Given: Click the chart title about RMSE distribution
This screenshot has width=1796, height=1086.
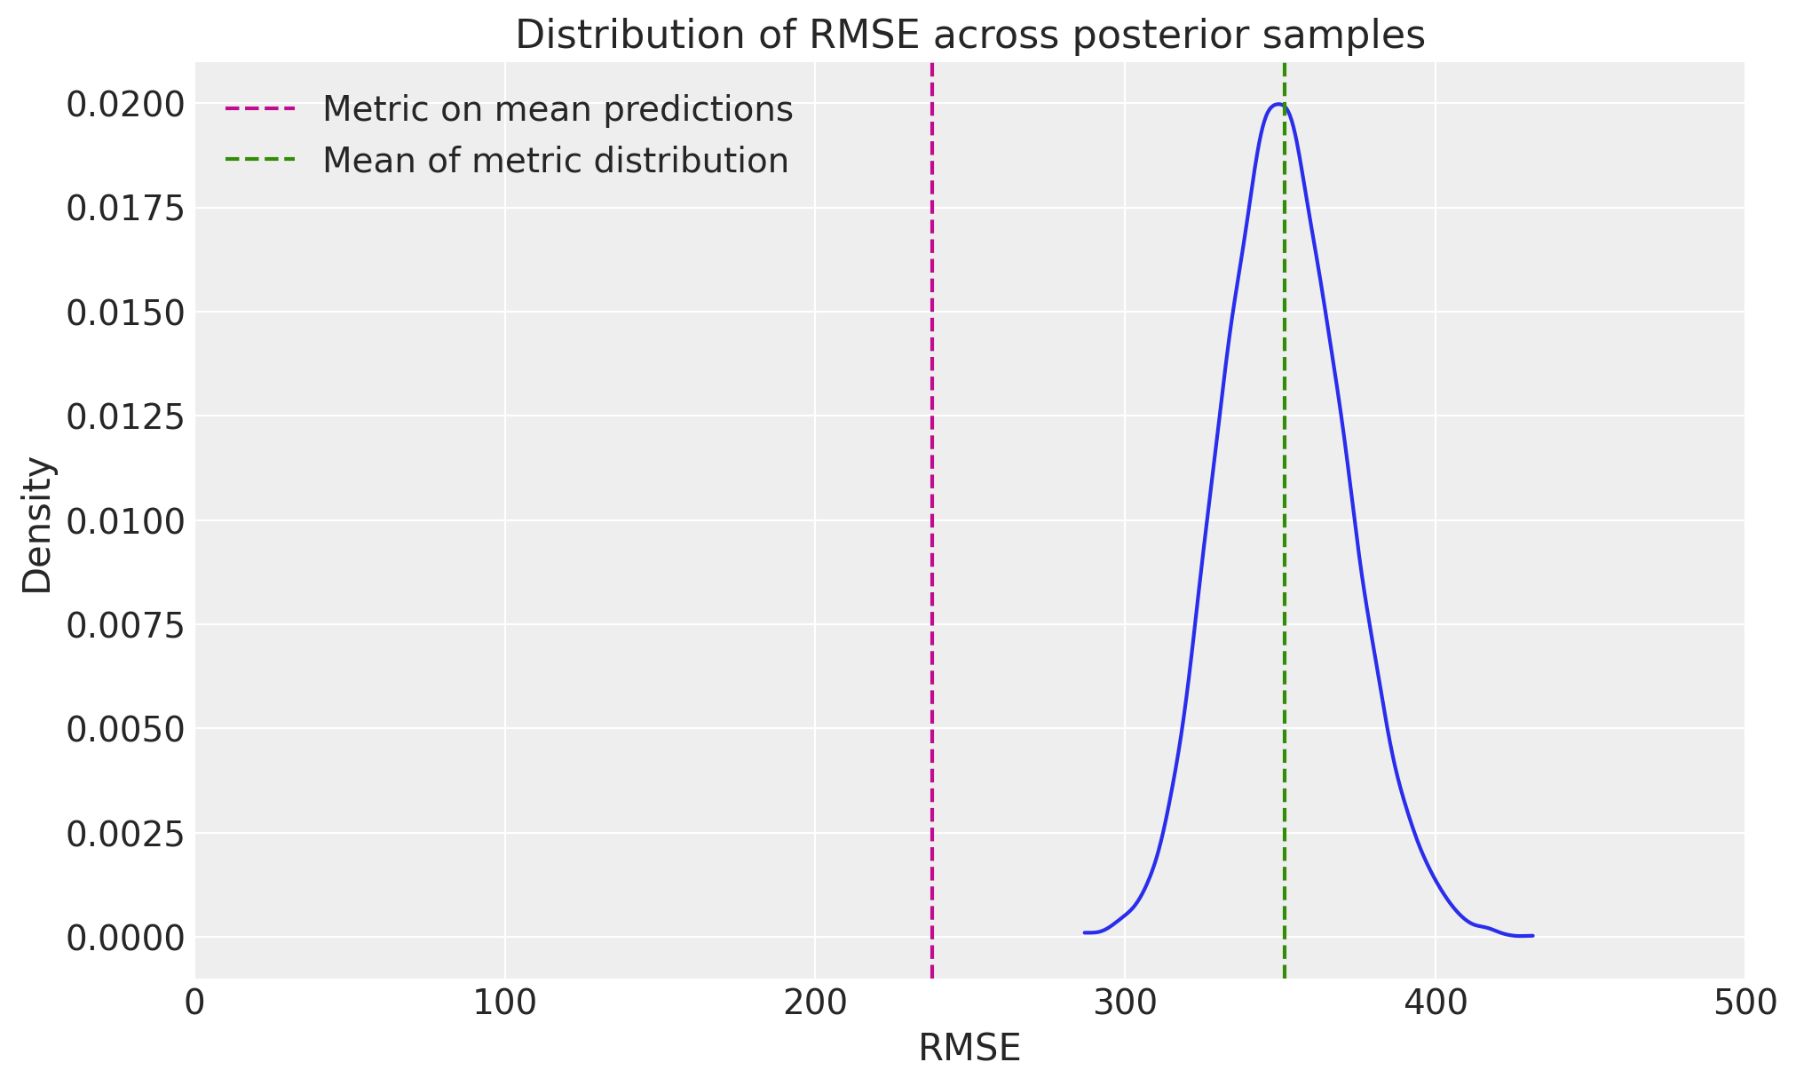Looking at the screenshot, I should pyautogui.click(x=969, y=36).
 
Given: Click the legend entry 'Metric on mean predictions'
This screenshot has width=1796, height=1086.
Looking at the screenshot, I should pyautogui.click(x=557, y=109).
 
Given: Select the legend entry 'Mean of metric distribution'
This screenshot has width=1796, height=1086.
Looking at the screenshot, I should pyautogui.click(x=555, y=161).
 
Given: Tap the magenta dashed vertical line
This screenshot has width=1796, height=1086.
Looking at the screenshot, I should pyautogui.click(x=931, y=533).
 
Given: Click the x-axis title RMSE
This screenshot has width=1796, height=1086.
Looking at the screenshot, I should pyautogui.click(x=969, y=1049).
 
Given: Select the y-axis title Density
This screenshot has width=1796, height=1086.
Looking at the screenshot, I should pyautogui.click(x=37, y=525).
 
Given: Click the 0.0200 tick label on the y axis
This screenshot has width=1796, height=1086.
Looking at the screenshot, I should pyautogui.click(x=125, y=105).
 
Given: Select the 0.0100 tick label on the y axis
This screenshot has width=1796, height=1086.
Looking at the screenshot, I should pyautogui.click(x=125, y=521).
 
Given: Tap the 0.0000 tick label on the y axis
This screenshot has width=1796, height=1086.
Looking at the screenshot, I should pyautogui.click(x=125, y=938).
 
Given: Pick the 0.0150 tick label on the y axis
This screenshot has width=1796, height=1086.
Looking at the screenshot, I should pyautogui.click(x=125, y=313).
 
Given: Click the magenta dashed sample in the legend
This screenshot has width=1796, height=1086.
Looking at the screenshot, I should pyautogui.click(x=260, y=109).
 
